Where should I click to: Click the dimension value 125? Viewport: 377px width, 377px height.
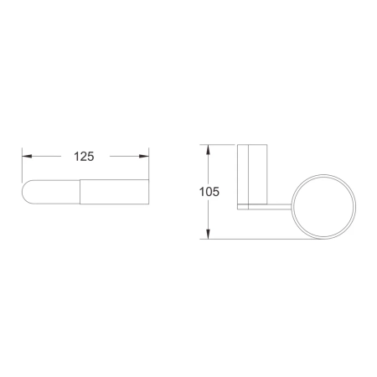click(82, 156)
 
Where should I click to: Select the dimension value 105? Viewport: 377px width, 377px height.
click(210, 192)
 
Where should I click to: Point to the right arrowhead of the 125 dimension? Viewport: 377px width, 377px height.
click(142, 156)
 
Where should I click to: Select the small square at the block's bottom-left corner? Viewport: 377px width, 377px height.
click(241, 206)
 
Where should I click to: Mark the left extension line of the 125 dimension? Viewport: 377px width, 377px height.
click(23, 165)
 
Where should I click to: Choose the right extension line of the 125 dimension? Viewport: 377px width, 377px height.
click(147, 165)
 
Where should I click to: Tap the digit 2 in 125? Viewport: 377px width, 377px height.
click(82, 156)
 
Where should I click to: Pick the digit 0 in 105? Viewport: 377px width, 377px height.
click(210, 192)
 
